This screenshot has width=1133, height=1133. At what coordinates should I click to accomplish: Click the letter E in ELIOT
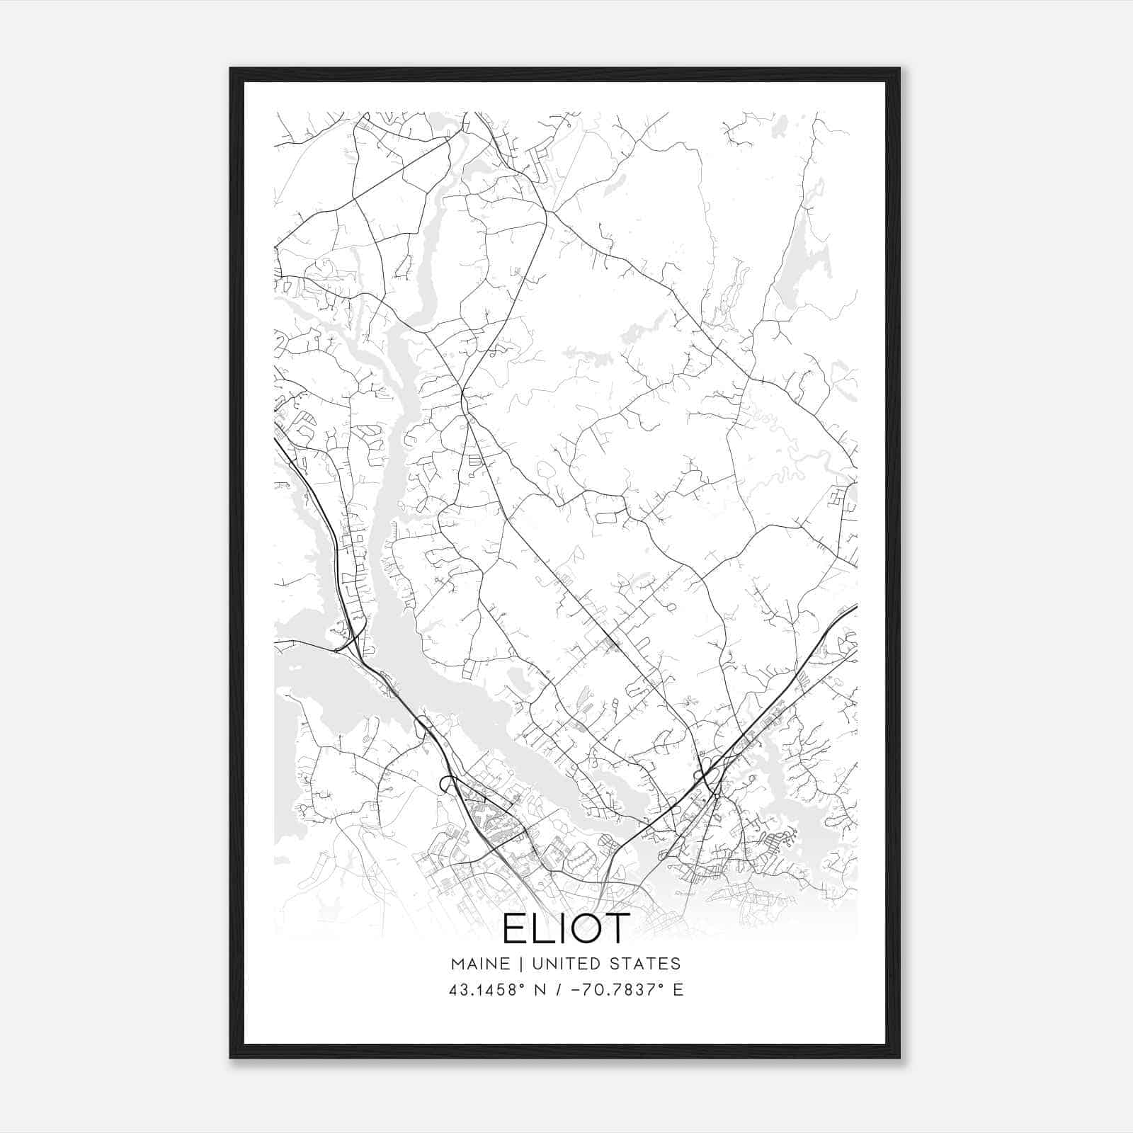(x=515, y=929)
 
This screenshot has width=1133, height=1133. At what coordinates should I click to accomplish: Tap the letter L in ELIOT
(x=543, y=929)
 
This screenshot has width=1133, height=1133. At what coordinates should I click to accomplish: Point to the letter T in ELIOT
(x=616, y=929)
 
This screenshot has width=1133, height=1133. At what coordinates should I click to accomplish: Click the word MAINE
(x=479, y=964)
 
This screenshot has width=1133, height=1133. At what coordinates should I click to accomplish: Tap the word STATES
(x=646, y=964)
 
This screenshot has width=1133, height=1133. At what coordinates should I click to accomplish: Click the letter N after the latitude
(x=539, y=990)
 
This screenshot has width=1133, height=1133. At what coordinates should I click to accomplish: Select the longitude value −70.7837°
(x=616, y=990)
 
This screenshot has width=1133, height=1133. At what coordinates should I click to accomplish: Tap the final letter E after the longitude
(x=678, y=990)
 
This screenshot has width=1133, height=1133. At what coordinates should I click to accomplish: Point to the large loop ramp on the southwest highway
(x=448, y=783)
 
